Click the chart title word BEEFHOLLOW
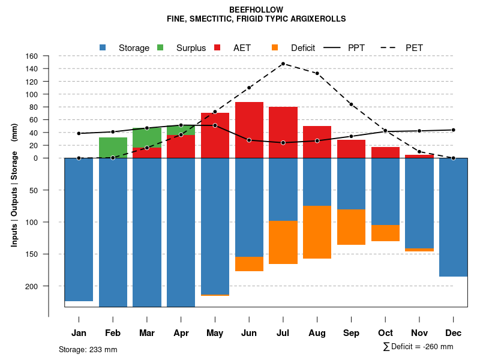click(x=256, y=10)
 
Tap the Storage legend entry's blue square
click(x=103, y=47)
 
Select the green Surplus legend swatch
click(x=160, y=47)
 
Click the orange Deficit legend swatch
click(x=275, y=47)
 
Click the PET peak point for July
click(x=283, y=64)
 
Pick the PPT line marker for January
click(x=79, y=133)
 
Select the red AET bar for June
click(x=249, y=129)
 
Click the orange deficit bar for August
click(x=317, y=232)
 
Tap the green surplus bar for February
click(x=113, y=148)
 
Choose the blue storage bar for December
click(x=454, y=217)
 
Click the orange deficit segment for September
click(x=352, y=227)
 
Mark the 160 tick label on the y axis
click(x=32, y=56)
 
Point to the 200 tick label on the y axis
click(x=32, y=286)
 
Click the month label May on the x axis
click(x=215, y=333)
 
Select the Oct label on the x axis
click(x=386, y=333)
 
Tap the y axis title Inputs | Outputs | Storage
click(x=14, y=185)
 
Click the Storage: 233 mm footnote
click(x=88, y=349)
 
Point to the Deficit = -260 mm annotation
click(x=421, y=347)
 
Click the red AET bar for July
click(x=283, y=132)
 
